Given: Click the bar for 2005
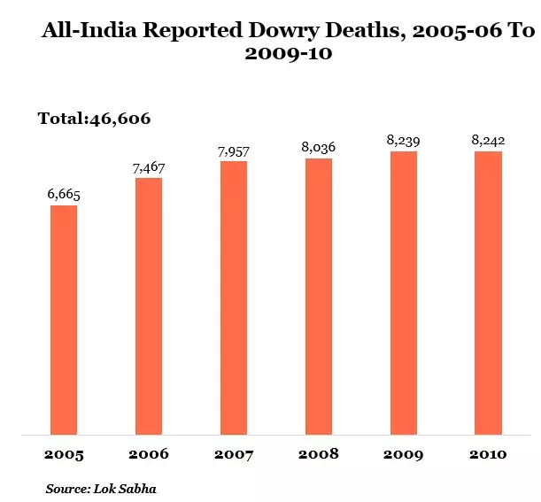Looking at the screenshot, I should (x=64, y=320).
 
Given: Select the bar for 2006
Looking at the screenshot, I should (x=149, y=306).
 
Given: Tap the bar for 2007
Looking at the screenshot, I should (x=234, y=297).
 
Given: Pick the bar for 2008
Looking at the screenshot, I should (x=319, y=297).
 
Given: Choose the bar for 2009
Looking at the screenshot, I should (x=404, y=293).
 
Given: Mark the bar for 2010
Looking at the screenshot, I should (x=489, y=293).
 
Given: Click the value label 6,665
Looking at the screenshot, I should (x=64, y=195).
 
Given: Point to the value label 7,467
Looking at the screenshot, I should (x=149, y=168).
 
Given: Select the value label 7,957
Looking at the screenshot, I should (x=234, y=151).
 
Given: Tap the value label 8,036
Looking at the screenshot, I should (x=319, y=148).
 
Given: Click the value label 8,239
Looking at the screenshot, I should (x=404, y=141).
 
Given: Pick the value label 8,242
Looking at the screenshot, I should (x=489, y=141).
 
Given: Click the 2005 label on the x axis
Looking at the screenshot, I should (x=64, y=455).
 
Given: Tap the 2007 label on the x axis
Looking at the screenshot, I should (x=234, y=455).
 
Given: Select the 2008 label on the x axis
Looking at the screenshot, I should (x=319, y=455).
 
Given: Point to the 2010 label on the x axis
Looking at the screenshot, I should (x=489, y=455).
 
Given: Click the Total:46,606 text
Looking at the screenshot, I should (x=96, y=119).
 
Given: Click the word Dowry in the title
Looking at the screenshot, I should (x=305, y=32).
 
